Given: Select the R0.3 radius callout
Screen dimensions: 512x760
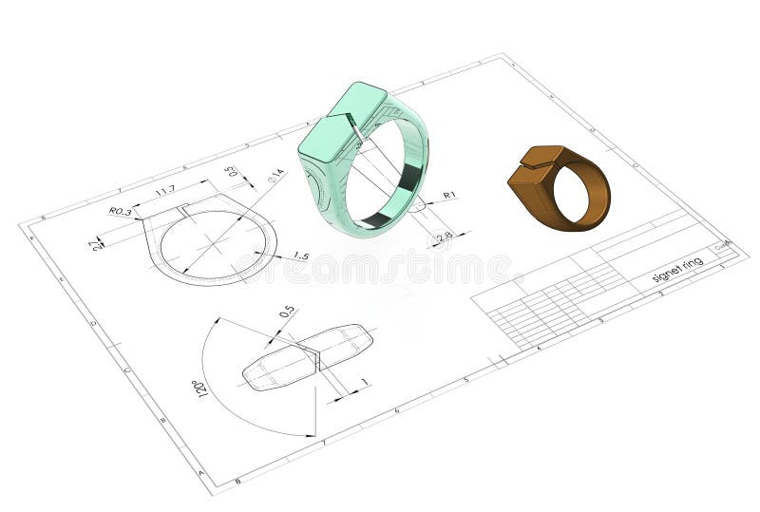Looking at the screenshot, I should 120,211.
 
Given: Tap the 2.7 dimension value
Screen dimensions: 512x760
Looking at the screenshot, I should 96,245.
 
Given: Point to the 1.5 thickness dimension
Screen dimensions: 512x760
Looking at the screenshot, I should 300,256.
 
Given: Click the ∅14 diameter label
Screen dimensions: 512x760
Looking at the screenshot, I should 275,175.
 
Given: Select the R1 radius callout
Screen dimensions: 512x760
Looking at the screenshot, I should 449,196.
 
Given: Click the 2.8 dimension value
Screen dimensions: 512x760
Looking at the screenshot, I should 444,236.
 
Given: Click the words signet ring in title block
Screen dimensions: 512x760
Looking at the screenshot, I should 677,269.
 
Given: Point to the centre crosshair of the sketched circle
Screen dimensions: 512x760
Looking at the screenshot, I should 213,242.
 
